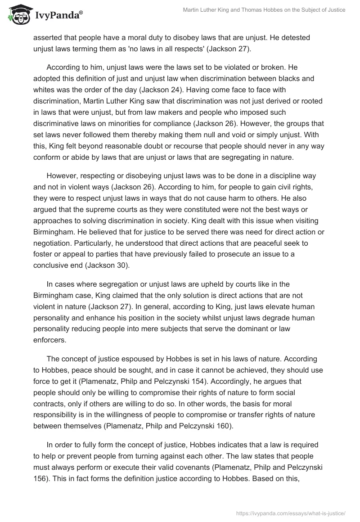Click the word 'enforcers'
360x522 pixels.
51,339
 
